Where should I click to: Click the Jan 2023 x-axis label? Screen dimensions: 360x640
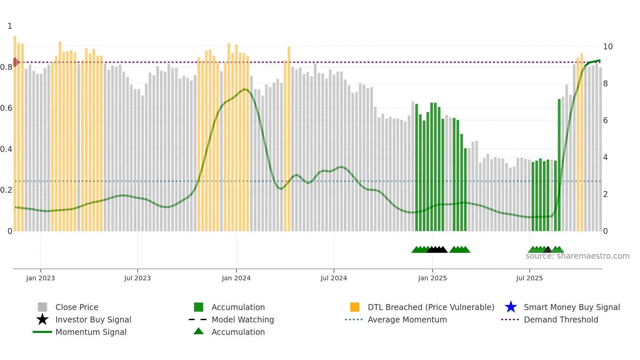tap(40, 278)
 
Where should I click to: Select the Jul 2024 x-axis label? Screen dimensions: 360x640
tap(334, 278)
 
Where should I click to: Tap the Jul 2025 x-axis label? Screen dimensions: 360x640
tap(529, 278)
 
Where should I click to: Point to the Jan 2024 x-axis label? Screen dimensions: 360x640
tap(236, 278)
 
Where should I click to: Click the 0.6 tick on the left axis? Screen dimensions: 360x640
tap(6, 108)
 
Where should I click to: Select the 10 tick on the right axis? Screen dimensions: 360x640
tap(608, 47)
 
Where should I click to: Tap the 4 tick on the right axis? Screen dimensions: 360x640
tap(605, 157)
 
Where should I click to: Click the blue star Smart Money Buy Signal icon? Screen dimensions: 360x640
tap(511, 307)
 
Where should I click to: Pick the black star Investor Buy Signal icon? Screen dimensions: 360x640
tap(42, 319)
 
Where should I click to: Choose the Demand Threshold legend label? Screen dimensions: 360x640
tap(561, 319)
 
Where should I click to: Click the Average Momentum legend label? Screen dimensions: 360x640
tap(407, 319)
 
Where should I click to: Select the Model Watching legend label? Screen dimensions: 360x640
tap(243, 319)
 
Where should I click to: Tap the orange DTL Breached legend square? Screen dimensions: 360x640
tap(355, 307)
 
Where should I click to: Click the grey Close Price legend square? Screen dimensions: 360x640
tap(42, 307)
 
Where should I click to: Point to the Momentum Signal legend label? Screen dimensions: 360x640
tap(91, 332)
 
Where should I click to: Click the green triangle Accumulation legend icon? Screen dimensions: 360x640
tap(199, 331)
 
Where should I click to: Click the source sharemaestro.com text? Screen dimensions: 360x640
tap(577, 256)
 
